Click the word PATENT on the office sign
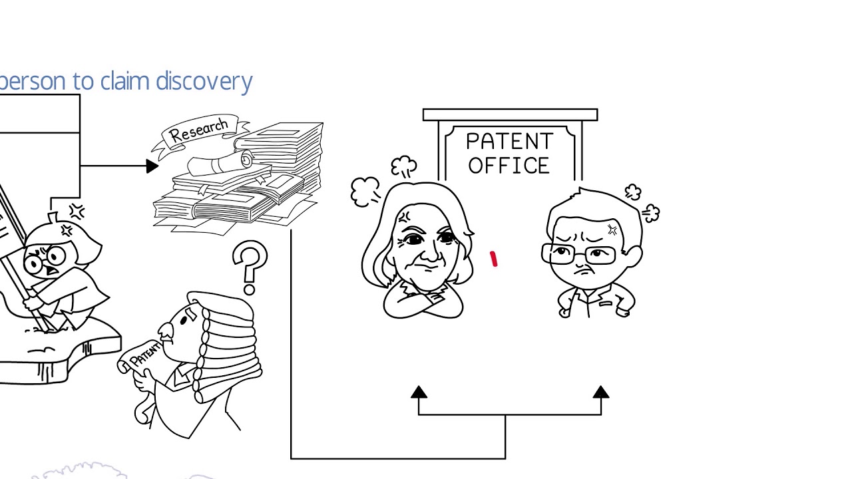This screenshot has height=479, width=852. (509, 142)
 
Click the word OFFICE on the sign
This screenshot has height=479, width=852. (509, 166)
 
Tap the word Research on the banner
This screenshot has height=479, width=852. (198, 130)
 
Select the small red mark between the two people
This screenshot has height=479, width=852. (494, 259)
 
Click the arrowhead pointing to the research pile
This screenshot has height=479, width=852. (152, 166)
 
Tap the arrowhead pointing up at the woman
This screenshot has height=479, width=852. (419, 393)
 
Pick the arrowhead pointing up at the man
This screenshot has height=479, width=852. (601, 393)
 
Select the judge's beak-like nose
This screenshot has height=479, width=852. (166, 331)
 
